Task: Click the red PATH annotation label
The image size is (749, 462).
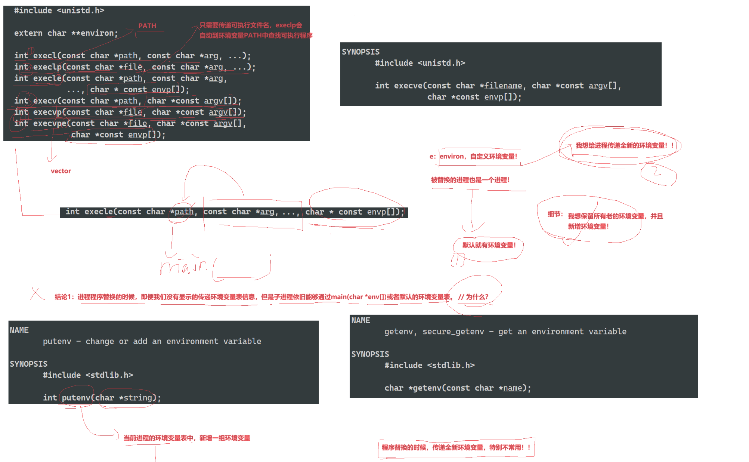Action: pos(147,26)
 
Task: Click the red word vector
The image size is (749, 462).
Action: pos(61,171)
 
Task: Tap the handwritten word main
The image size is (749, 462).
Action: pos(183,267)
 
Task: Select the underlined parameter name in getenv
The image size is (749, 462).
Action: pos(512,388)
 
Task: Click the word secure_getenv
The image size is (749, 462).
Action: pos(453,332)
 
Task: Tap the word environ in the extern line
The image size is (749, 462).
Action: pos(97,33)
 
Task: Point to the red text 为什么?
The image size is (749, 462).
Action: pos(477,297)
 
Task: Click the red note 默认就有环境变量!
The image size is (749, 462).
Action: pos(489,245)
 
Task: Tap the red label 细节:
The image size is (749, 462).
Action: pos(555,214)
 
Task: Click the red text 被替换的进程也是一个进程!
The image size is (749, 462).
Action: pos(470,180)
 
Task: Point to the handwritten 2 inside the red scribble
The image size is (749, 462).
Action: pos(656,171)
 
